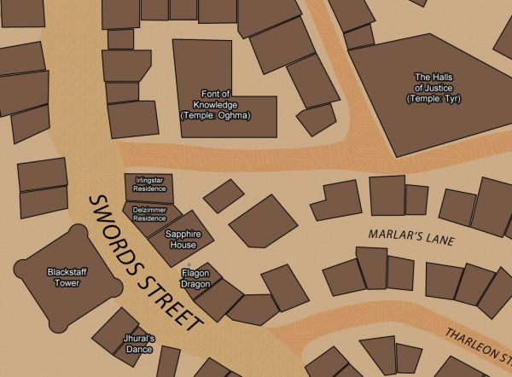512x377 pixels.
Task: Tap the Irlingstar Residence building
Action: click(149, 185)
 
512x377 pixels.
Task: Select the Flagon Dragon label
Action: click(195, 278)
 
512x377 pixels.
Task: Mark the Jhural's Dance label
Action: click(138, 344)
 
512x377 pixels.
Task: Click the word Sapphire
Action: click(183, 234)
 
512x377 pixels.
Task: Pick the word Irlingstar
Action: click(149, 181)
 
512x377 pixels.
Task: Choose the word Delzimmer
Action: click(150, 209)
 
